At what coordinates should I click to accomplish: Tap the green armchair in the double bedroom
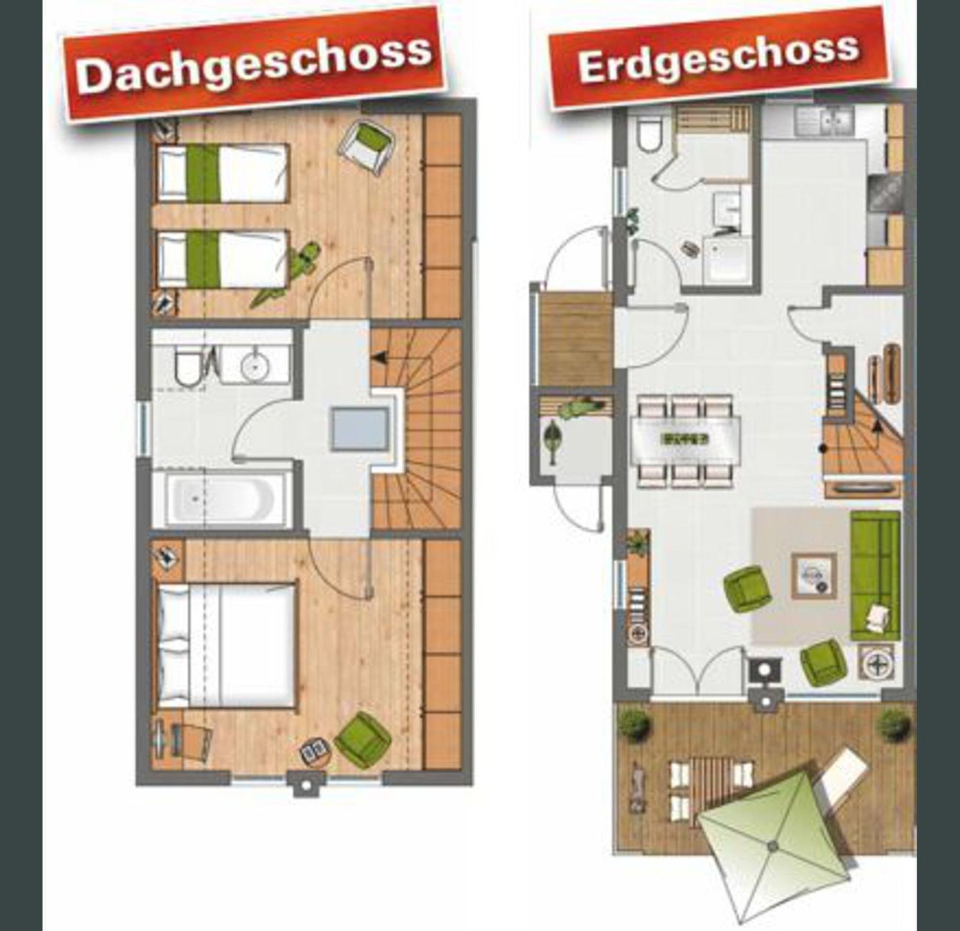pos(363,740)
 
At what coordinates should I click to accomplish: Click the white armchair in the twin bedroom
pos(370,147)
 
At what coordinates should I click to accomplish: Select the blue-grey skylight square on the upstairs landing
pos(359,429)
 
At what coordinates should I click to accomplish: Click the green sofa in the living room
pos(875,575)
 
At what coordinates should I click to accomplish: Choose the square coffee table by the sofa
pos(814,575)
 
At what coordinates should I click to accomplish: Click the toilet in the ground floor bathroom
pos(650,134)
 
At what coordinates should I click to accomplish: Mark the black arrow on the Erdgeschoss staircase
pos(878,426)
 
